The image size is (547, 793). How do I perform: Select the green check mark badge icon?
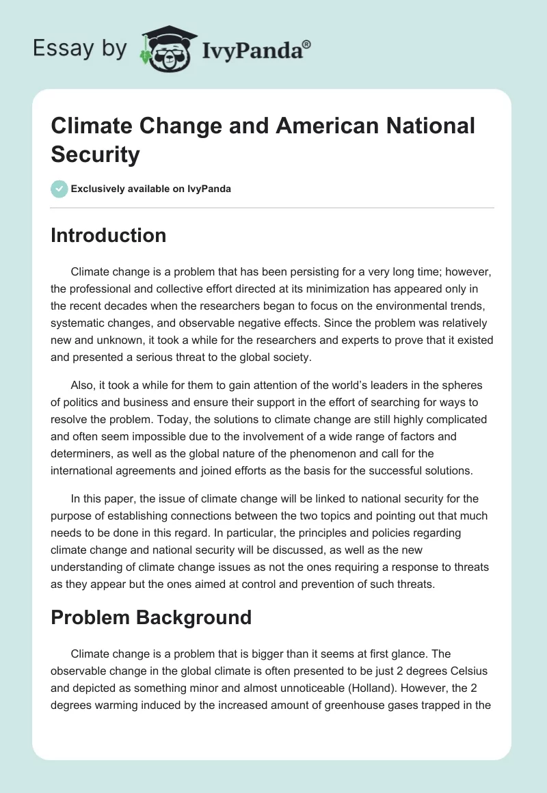click(x=59, y=189)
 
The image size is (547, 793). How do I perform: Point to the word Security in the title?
click(x=95, y=154)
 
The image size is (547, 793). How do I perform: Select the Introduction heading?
click(x=109, y=236)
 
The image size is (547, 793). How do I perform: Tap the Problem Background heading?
click(x=151, y=617)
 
